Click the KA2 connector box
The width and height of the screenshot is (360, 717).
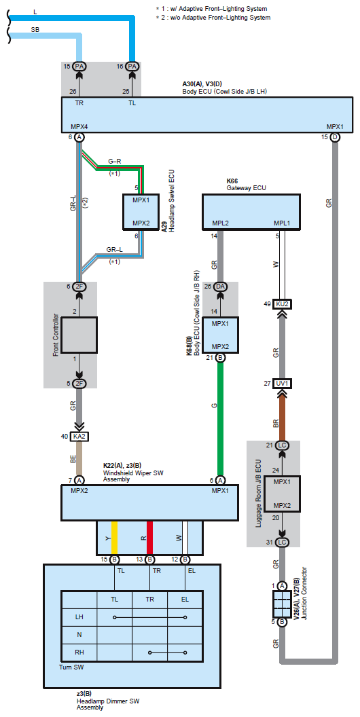(x=79, y=437)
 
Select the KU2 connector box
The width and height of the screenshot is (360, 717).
(x=282, y=305)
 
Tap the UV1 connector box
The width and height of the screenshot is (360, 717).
(x=282, y=383)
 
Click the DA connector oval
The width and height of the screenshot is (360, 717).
(x=220, y=287)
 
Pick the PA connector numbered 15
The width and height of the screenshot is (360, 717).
(x=79, y=67)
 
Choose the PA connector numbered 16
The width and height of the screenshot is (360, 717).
(x=132, y=67)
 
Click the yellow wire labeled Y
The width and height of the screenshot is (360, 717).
(x=114, y=538)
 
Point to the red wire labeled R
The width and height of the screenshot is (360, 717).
(x=149, y=538)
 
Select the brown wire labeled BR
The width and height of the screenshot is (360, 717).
(x=282, y=414)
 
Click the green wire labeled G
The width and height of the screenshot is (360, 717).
(x=220, y=419)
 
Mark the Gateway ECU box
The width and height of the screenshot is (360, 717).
(x=251, y=211)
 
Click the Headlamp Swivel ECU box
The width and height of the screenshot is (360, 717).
(x=141, y=212)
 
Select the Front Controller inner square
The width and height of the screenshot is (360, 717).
(x=79, y=335)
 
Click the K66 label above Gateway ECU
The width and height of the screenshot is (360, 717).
(x=232, y=181)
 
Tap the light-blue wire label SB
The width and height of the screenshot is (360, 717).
(x=35, y=29)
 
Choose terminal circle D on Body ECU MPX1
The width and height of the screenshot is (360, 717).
(x=335, y=137)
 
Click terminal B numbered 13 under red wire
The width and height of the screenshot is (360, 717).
(x=149, y=559)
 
